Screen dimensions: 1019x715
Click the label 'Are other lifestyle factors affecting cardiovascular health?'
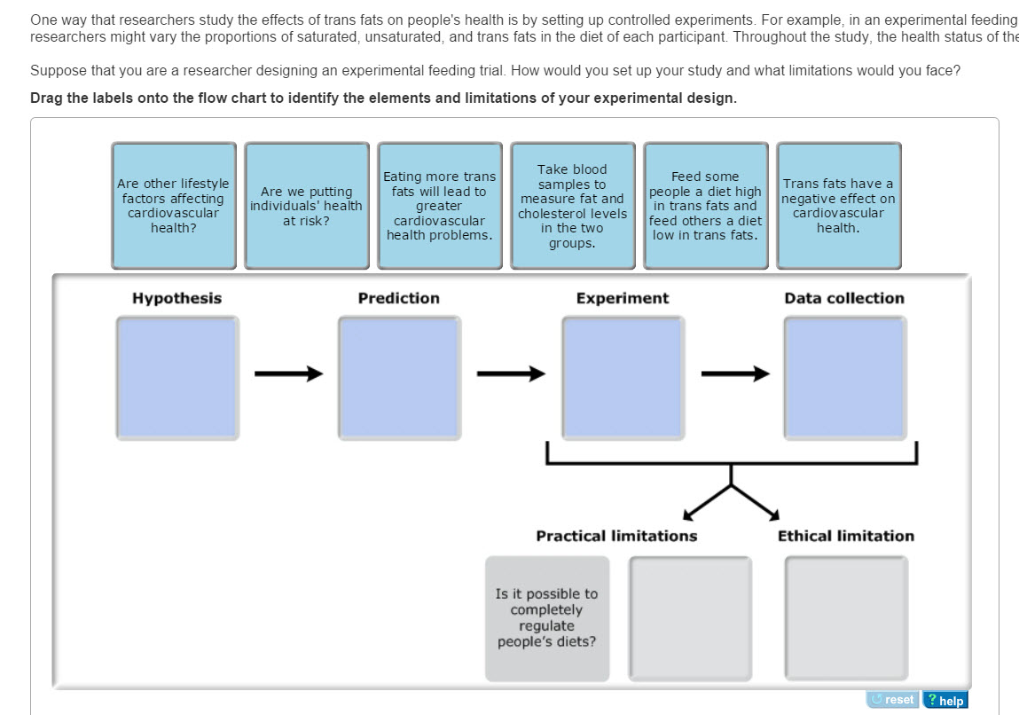tap(174, 206)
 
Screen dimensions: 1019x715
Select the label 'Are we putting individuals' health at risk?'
tap(307, 206)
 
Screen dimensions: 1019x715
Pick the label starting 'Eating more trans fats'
tap(440, 206)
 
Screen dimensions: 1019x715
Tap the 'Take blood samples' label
tap(573, 206)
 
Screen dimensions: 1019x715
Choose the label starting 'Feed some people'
tap(706, 206)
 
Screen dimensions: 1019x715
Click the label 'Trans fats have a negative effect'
tap(839, 206)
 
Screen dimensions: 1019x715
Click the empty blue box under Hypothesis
tap(177, 378)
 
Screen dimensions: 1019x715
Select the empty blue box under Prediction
tap(400, 378)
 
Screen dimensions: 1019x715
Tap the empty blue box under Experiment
tap(623, 378)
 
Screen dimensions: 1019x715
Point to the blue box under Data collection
tap(845, 378)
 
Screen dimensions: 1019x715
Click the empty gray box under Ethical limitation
tap(846, 618)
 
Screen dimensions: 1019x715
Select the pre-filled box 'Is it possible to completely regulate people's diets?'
tap(547, 618)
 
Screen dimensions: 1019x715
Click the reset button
tap(893, 699)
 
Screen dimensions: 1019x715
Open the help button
tap(945, 699)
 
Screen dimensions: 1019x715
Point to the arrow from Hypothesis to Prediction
tap(288, 373)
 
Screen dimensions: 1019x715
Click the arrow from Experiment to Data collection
tap(736, 373)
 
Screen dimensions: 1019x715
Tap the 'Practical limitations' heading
tap(616, 536)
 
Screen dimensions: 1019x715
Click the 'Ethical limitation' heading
tap(846, 536)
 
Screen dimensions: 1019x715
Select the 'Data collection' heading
tap(844, 298)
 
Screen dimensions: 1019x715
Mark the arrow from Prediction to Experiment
tap(512, 373)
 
